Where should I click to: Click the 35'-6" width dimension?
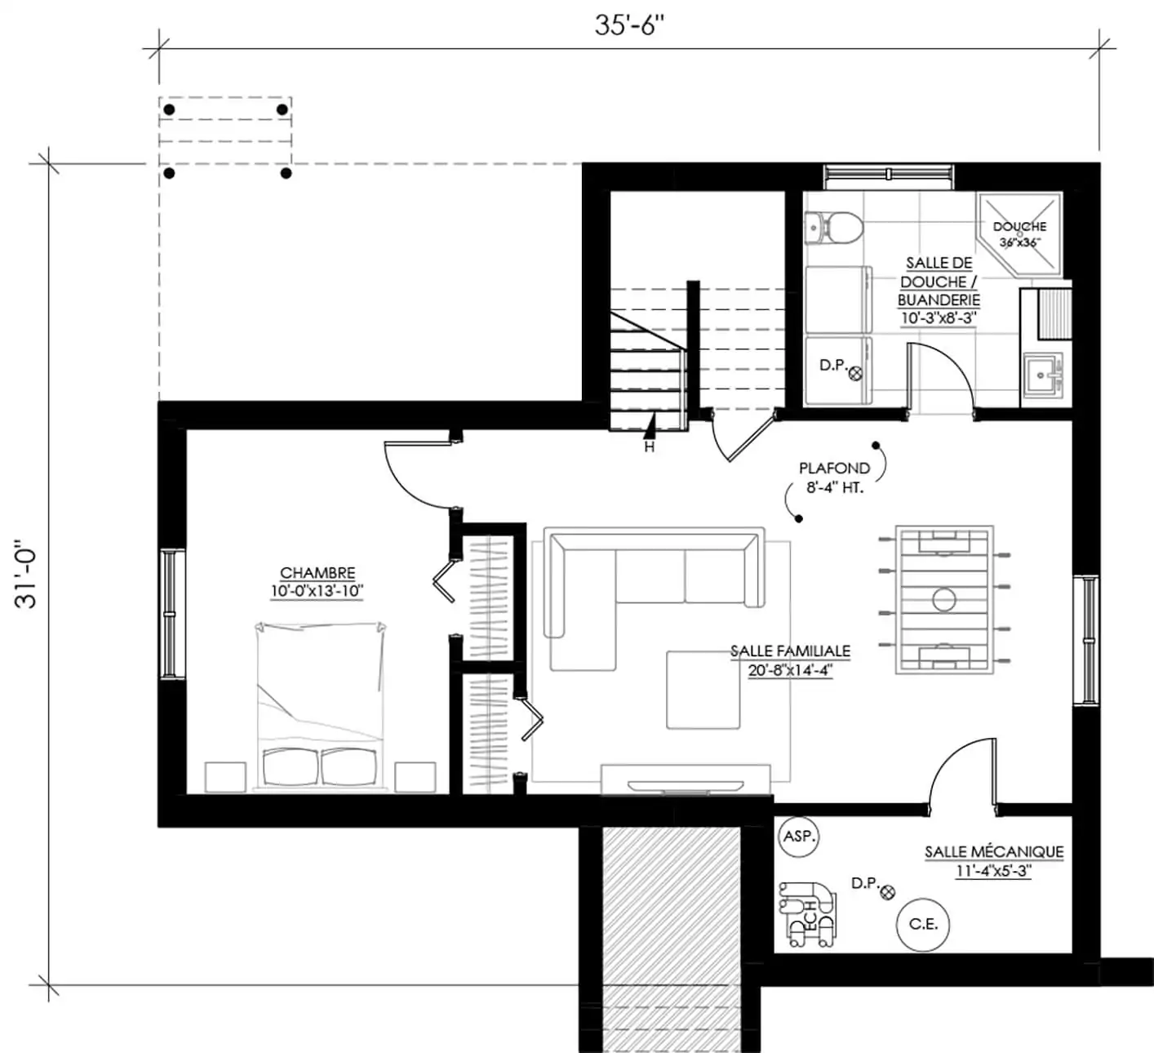click(x=629, y=26)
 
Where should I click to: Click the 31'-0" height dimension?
click(x=26, y=574)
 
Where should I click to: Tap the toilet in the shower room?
click(x=833, y=228)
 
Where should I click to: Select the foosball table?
click(x=944, y=600)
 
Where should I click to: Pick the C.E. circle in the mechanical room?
click(x=923, y=925)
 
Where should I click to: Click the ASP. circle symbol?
click(x=798, y=836)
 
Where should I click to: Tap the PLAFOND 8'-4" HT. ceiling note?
click(x=834, y=478)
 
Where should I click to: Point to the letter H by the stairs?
click(x=650, y=447)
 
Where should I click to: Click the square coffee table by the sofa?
click(x=703, y=689)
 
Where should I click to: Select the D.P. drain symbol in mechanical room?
click(x=888, y=892)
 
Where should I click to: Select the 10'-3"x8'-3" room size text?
click(x=939, y=318)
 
